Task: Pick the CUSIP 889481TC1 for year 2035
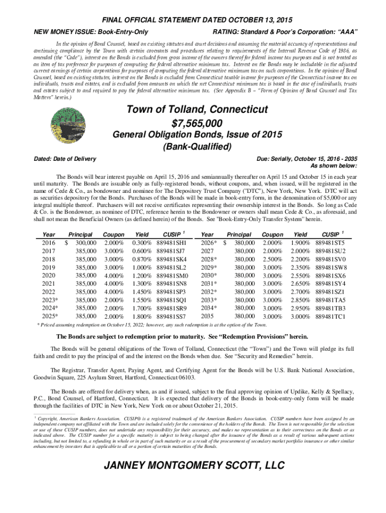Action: (x=330, y=316)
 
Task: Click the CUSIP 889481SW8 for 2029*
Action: (x=330, y=268)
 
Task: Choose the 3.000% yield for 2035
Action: (x=300, y=316)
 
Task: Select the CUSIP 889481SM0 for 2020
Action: (x=171, y=275)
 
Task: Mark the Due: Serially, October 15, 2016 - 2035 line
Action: (x=306, y=159)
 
